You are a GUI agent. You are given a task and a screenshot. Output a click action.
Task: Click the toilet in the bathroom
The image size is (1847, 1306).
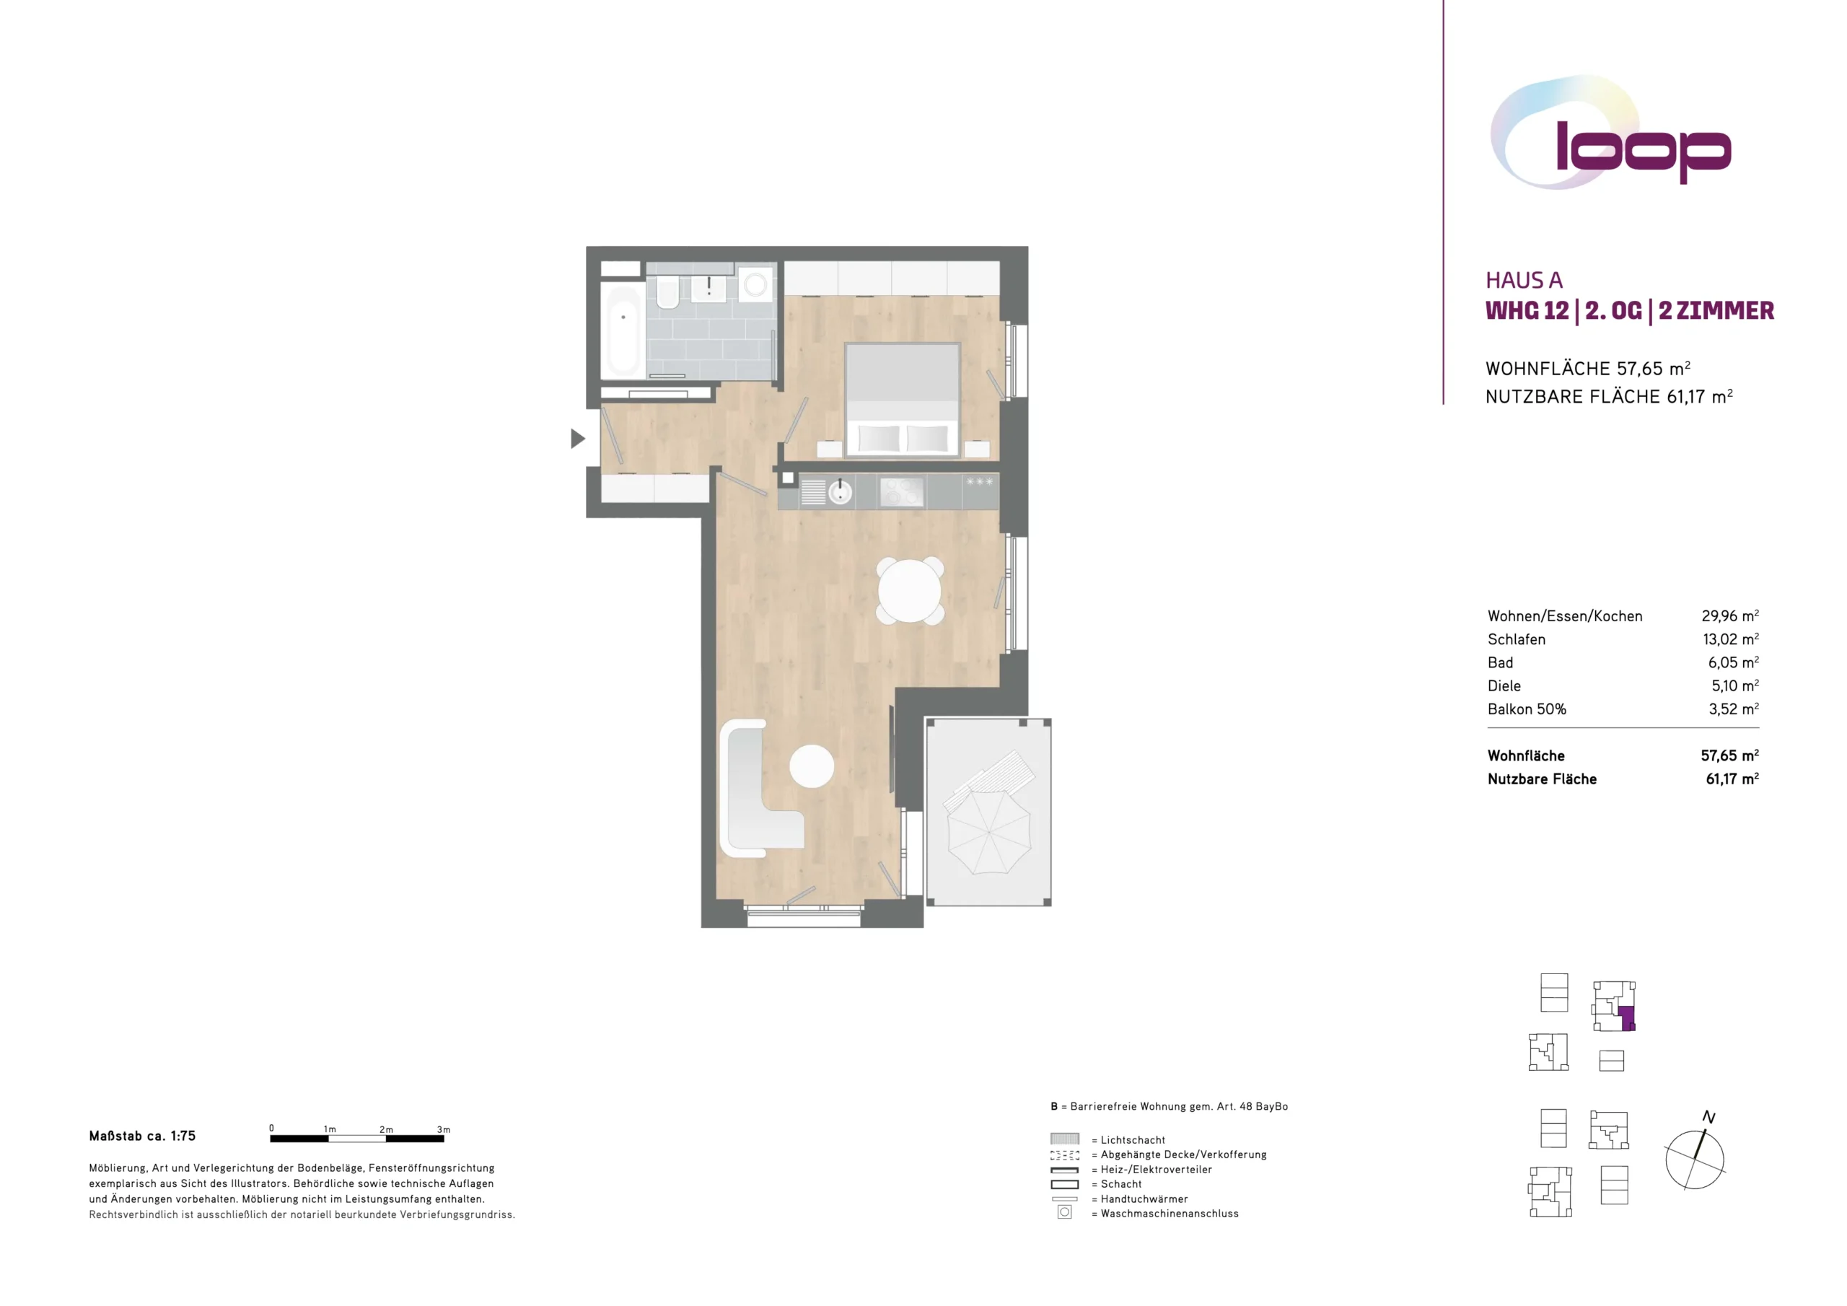pyautogui.click(x=667, y=292)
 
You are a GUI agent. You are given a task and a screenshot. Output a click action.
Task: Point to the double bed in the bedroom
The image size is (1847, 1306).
pyautogui.click(x=902, y=400)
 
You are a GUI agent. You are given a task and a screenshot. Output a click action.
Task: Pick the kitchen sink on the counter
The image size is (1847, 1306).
pyautogui.click(x=840, y=491)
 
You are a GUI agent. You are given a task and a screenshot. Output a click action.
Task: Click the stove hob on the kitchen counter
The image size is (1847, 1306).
pyautogui.click(x=901, y=491)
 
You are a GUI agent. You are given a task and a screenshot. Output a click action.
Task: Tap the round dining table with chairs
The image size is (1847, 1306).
pyautogui.click(x=910, y=591)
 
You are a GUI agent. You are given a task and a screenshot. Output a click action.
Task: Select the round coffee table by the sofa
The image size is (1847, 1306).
pyautogui.click(x=812, y=766)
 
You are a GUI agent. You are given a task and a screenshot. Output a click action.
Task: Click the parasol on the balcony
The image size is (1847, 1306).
pyautogui.click(x=988, y=831)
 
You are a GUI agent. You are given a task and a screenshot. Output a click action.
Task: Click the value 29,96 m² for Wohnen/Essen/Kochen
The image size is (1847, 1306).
pyautogui.click(x=1729, y=615)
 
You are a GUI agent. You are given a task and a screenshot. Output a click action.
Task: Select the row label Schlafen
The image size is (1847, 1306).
pyautogui.click(x=1517, y=640)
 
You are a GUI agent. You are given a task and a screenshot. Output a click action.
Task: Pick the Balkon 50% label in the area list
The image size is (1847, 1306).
pyautogui.click(x=1527, y=709)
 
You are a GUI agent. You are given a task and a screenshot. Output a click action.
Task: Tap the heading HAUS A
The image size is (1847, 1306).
pyautogui.click(x=1524, y=280)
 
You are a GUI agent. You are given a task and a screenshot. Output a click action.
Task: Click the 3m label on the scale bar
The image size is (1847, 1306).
pyautogui.click(x=443, y=1130)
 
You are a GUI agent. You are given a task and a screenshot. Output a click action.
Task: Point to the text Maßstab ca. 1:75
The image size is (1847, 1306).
pyautogui.click(x=142, y=1136)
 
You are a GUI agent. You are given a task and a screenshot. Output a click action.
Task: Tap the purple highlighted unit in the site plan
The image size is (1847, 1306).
pyautogui.click(x=1626, y=1018)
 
